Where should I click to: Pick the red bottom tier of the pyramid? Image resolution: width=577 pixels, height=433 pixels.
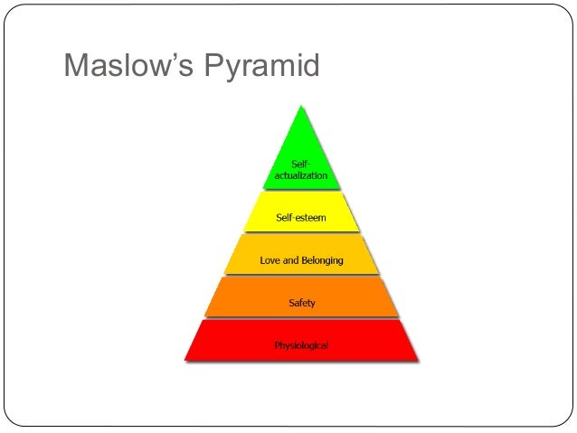coord(301,343)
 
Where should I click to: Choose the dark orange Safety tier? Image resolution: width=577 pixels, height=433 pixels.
coord(301,299)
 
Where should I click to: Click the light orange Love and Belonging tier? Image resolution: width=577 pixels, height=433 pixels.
coord(301,258)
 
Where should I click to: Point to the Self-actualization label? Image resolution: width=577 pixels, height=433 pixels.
coord(301,169)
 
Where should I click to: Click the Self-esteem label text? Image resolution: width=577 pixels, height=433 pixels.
coord(301,218)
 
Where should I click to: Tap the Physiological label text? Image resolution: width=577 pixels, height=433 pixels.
coord(301,345)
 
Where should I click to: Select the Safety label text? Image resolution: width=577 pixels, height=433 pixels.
coord(301,303)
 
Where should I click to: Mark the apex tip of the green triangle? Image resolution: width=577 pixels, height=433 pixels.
coord(301,107)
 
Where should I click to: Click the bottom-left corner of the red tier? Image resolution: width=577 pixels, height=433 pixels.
coord(185,360)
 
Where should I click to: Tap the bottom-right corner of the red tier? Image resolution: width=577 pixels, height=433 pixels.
coord(418,360)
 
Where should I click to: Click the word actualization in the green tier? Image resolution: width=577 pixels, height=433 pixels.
coord(301,174)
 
